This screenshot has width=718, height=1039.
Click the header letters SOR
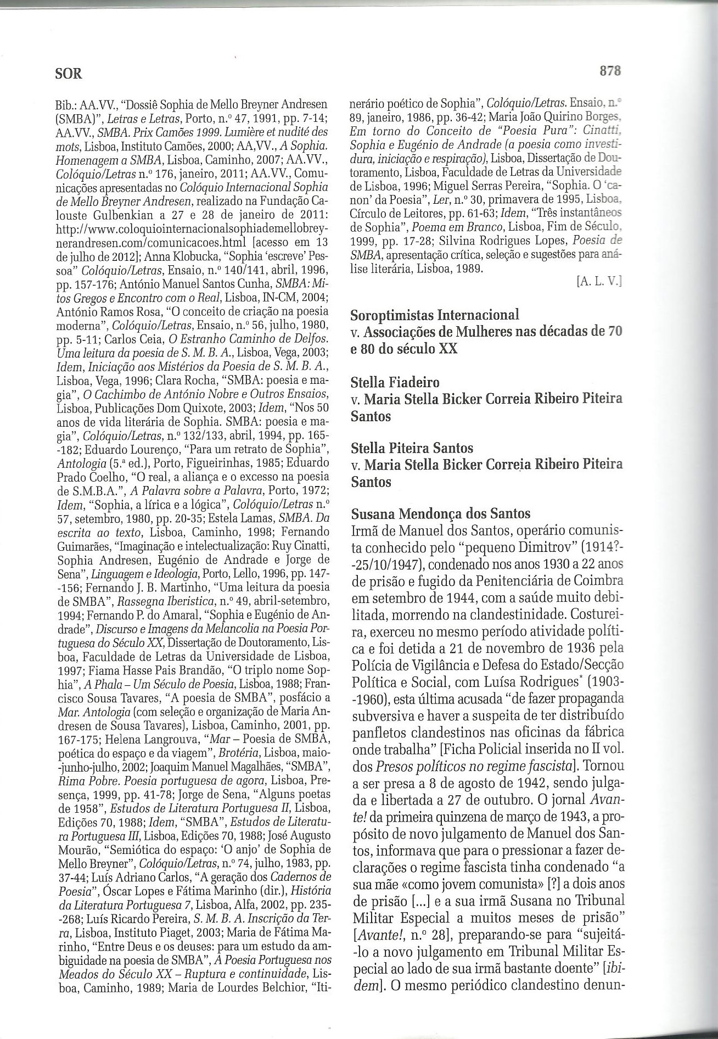[69, 73]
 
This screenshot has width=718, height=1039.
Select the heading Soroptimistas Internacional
[434, 315]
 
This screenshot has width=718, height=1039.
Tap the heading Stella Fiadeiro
[395, 382]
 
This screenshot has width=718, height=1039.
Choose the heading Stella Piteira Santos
[412, 448]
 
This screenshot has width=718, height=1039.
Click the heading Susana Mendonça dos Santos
[440, 514]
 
